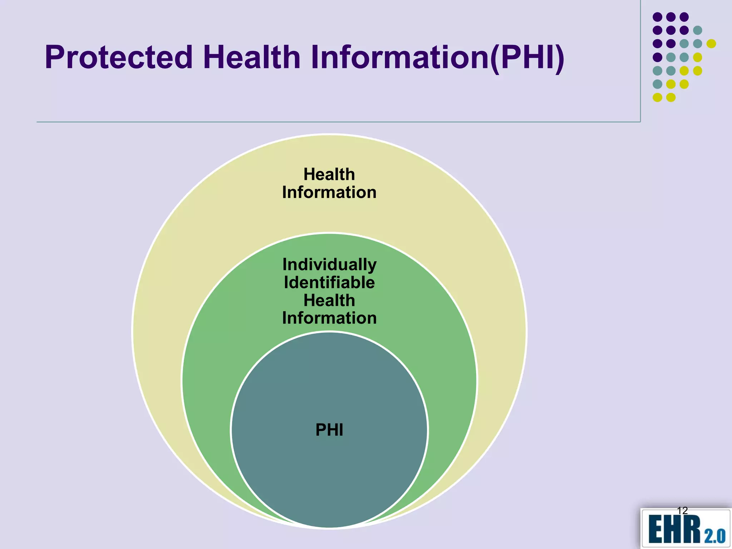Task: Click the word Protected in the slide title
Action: pyautogui.click(x=119, y=57)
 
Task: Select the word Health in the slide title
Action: pyautogui.click(x=252, y=57)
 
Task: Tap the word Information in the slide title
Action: pyautogui.click(x=399, y=57)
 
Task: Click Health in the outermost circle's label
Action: pyautogui.click(x=329, y=174)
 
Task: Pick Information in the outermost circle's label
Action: pyautogui.click(x=329, y=192)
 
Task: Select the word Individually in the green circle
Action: pyautogui.click(x=329, y=264)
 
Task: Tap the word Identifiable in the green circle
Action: pyautogui.click(x=329, y=282)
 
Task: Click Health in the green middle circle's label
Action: pyautogui.click(x=329, y=300)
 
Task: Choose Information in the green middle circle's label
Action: pyautogui.click(x=329, y=318)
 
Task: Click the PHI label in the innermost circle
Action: pyautogui.click(x=329, y=430)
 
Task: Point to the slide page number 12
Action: pyautogui.click(x=682, y=510)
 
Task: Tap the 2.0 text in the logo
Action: pyautogui.click(x=715, y=536)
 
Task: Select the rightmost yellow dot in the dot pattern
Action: pyautogui.click(x=711, y=44)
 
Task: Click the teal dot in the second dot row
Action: pyautogui.click(x=698, y=30)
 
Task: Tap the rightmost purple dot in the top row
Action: pyautogui.click(x=684, y=17)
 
